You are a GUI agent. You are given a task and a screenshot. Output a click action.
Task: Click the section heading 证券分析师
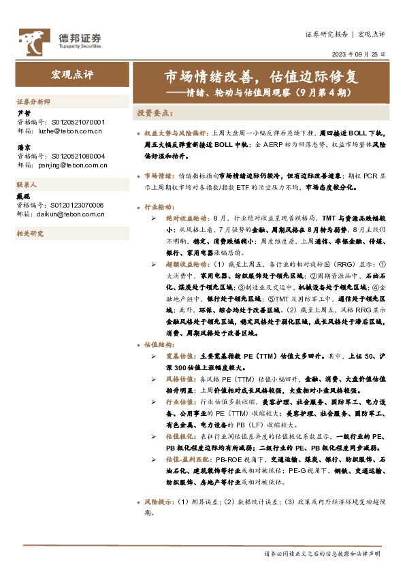click(x=33, y=101)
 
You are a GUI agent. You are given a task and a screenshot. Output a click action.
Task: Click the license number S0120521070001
click(x=78, y=121)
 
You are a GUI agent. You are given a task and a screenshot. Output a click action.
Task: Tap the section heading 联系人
click(x=27, y=184)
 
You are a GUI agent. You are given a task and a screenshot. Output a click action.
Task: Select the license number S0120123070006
click(x=78, y=205)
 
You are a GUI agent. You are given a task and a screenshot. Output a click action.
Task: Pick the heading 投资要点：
click(x=156, y=112)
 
